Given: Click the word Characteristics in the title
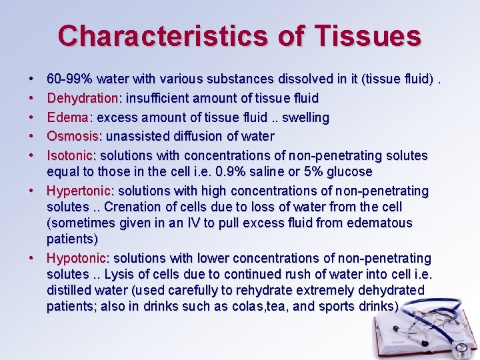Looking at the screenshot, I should tap(163, 35).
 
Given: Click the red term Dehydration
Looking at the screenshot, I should tap(82, 99).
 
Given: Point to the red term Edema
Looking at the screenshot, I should tap(67, 117).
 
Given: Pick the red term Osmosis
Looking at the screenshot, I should tap(72, 137).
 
